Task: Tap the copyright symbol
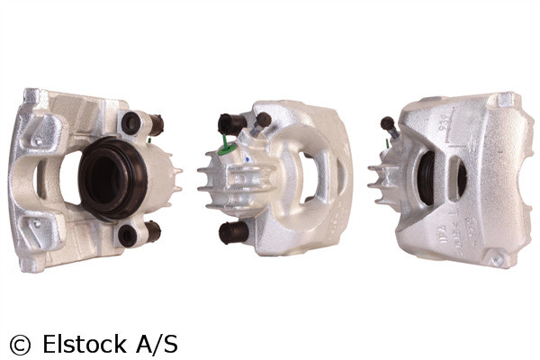pos(18,344)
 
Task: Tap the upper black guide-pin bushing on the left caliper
pos(133,124)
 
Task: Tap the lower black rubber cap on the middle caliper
pos(233,232)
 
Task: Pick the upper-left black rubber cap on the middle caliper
pos(231,124)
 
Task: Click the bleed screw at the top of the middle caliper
pos(263,121)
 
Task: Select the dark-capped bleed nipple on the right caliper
pos(387,122)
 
